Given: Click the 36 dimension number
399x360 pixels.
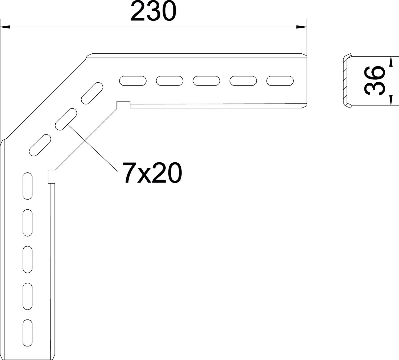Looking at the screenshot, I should click(375, 81).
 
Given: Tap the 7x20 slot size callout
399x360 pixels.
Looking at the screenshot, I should click(152, 173).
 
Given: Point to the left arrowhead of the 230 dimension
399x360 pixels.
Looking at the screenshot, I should click(5, 27).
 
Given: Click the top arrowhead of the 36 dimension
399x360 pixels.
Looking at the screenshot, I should click(390, 61).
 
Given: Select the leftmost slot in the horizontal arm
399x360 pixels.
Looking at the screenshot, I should click(133, 81).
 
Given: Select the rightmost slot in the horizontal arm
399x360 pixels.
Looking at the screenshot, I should click(280, 81).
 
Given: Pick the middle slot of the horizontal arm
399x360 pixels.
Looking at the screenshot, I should click(206, 81).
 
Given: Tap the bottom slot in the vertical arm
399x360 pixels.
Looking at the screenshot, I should click(27, 333).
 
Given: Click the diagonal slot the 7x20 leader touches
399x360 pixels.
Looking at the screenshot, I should click(66, 119).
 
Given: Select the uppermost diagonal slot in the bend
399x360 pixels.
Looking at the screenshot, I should click(92, 93).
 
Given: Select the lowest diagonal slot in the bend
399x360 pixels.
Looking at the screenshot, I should click(40, 145).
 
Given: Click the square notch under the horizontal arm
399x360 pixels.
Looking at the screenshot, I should click(123, 105).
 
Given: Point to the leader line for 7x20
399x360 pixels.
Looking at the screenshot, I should click(93, 147).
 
